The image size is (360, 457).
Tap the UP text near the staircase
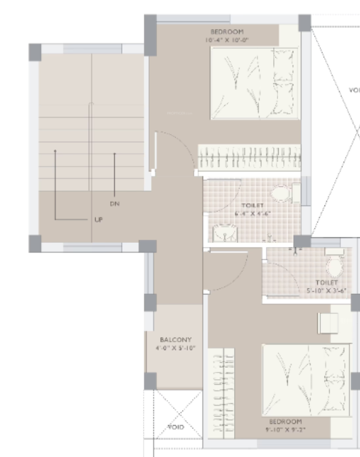click(x=98, y=218)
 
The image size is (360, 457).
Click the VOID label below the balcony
click(x=176, y=426)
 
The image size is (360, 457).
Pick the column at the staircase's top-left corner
click(x=34, y=51)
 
